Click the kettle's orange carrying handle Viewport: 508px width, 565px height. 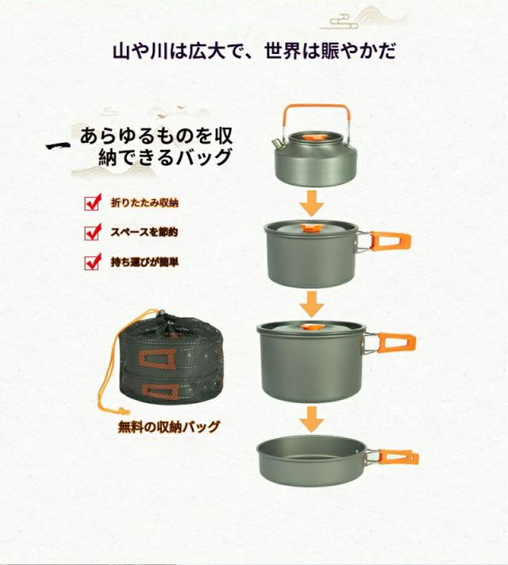coord(316,107)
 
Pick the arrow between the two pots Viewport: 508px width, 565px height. coord(311,305)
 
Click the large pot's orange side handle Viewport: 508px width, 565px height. coord(396,343)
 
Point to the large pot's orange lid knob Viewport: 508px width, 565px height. coord(307,327)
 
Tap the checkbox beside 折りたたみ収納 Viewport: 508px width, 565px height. coord(93,202)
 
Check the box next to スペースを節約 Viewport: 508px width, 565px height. coord(93,232)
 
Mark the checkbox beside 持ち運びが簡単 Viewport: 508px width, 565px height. coord(93,262)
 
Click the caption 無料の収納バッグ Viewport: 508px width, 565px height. coord(169,427)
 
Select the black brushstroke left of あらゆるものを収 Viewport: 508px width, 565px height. coord(58,146)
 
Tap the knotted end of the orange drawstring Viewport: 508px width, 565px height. coord(122,410)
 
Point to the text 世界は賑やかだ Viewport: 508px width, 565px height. coord(330,51)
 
